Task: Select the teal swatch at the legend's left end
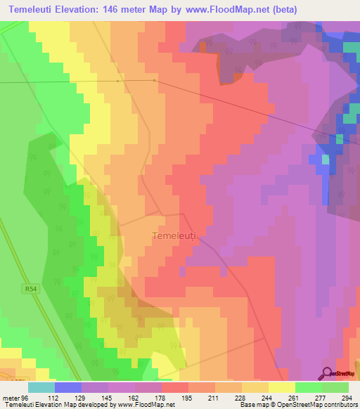[41, 387]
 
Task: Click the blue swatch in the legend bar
[68, 387]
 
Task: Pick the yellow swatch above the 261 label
[281, 387]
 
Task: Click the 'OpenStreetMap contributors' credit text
[317, 405]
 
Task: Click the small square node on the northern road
[118, 81]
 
